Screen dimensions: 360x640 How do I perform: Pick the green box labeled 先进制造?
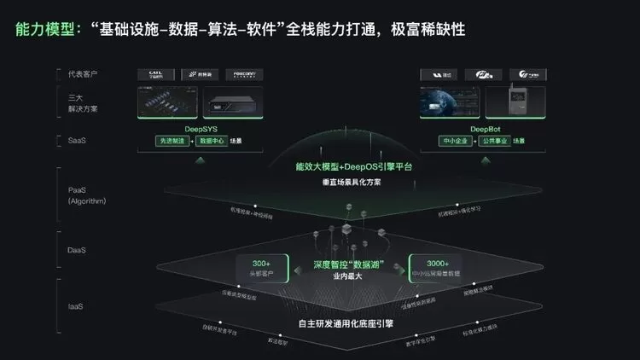point(172,140)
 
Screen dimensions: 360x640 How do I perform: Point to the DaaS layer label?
point(77,250)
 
